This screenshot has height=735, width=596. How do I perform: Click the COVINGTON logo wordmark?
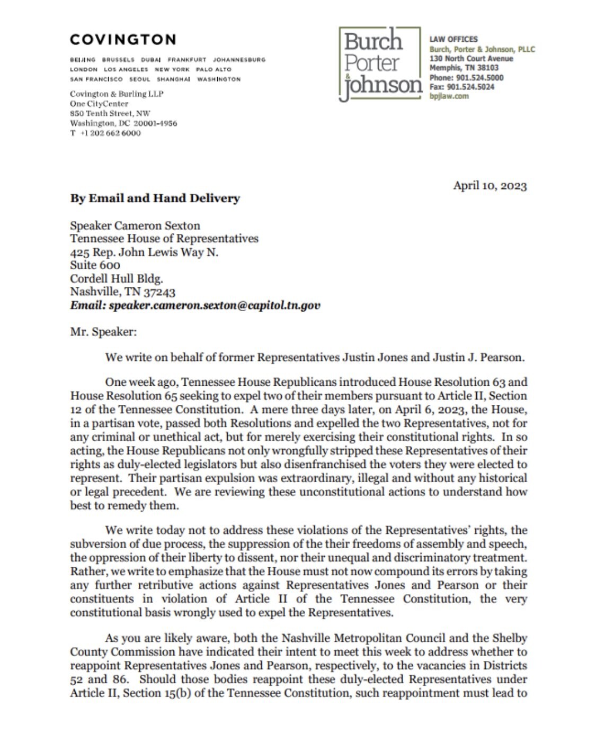[122, 40]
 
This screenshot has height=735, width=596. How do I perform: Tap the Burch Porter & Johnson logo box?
[380, 63]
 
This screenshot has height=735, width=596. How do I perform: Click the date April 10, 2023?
[490, 186]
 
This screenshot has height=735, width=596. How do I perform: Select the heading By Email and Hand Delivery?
[155, 198]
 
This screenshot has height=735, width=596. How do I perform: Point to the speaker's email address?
[195, 305]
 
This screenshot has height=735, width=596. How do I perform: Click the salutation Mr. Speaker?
[103, 332]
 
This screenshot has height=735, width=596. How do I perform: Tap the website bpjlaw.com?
[449, 96]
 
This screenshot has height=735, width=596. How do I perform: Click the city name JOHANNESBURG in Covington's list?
[239, 60]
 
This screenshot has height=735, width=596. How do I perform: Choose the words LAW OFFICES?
[453, 39]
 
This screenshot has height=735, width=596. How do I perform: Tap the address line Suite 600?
[95, 265]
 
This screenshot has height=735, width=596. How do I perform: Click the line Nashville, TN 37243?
[122, 292]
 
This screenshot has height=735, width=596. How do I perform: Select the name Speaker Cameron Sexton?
[135, 225]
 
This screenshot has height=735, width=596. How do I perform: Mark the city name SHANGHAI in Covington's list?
[173, 79]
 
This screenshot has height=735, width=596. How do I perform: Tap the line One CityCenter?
[99, 104]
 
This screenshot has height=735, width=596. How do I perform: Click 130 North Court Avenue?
[471, 59]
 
